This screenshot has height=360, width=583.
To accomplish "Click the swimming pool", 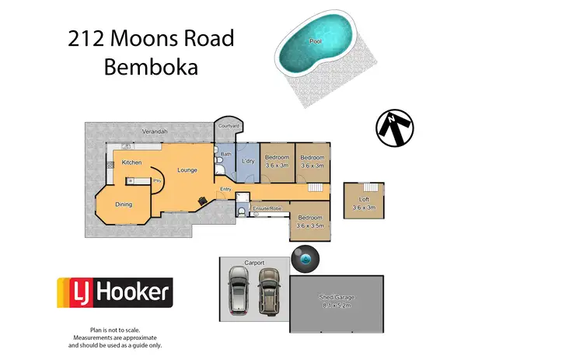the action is click(x=316, y=47).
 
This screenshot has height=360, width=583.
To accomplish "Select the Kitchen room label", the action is click(x=131, y=163).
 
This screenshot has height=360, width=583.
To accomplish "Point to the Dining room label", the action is click(x=124, y=204).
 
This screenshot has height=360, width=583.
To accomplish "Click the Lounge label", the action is click(x=187, y=170).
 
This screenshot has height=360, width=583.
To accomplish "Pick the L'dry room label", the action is click(x=248, y=161).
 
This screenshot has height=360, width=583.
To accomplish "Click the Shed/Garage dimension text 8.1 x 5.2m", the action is click(x=337, y=306).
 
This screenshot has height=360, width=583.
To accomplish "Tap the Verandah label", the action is click(x=155, y=132).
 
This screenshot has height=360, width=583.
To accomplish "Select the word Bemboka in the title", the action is click(x=151, y=67).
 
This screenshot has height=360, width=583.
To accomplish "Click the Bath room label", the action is click(x=226, y=154).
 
